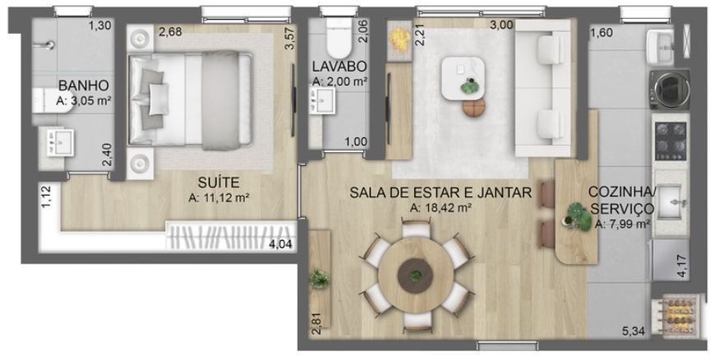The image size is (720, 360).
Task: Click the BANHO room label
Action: [x=84, y=85]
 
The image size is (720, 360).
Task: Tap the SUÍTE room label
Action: [x=219, y=182]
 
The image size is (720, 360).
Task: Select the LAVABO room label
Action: [x=339, y=67]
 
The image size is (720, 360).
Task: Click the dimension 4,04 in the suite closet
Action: [x=280, y=244]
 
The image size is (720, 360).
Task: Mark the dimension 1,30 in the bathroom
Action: [x=99, y=26]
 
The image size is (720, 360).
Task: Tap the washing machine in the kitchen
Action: [x=670, y=90]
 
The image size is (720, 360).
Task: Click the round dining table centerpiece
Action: [x=416, y=275]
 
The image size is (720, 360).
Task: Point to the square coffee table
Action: [x=463, y=78]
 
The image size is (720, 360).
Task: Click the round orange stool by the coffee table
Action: [x=474, y=108]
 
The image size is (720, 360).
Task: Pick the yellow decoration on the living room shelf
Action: [x=399, y=39]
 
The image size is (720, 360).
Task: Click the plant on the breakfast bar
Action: [x=578, y=216]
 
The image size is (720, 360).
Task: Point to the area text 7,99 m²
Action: [x=622, y=224]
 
